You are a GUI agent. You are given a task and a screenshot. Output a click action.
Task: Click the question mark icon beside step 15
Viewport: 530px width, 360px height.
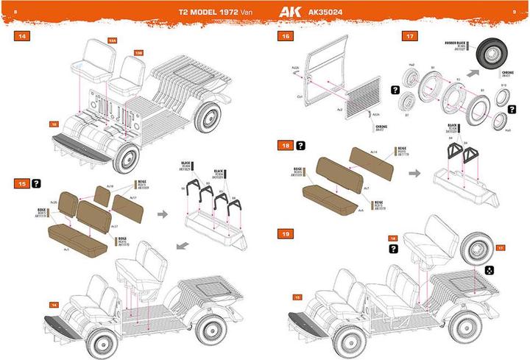(x=35, y=182)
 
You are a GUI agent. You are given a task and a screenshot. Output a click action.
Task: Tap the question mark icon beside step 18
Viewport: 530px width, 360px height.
(x=300, y=147)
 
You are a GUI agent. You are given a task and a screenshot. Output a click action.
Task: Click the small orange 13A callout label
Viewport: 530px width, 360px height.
(x=112, y=41)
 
